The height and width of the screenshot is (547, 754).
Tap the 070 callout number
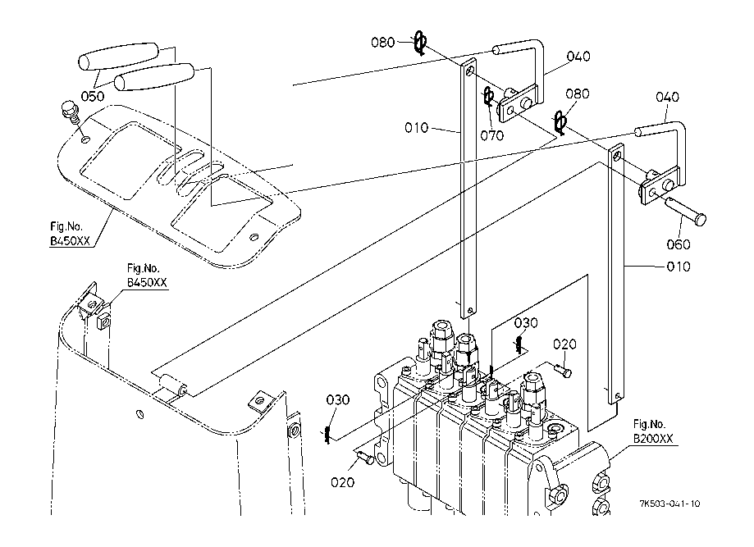coord(492,135)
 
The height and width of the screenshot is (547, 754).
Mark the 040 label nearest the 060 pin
coord(666,97)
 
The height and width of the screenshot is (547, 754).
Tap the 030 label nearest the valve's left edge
coord(337,399)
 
